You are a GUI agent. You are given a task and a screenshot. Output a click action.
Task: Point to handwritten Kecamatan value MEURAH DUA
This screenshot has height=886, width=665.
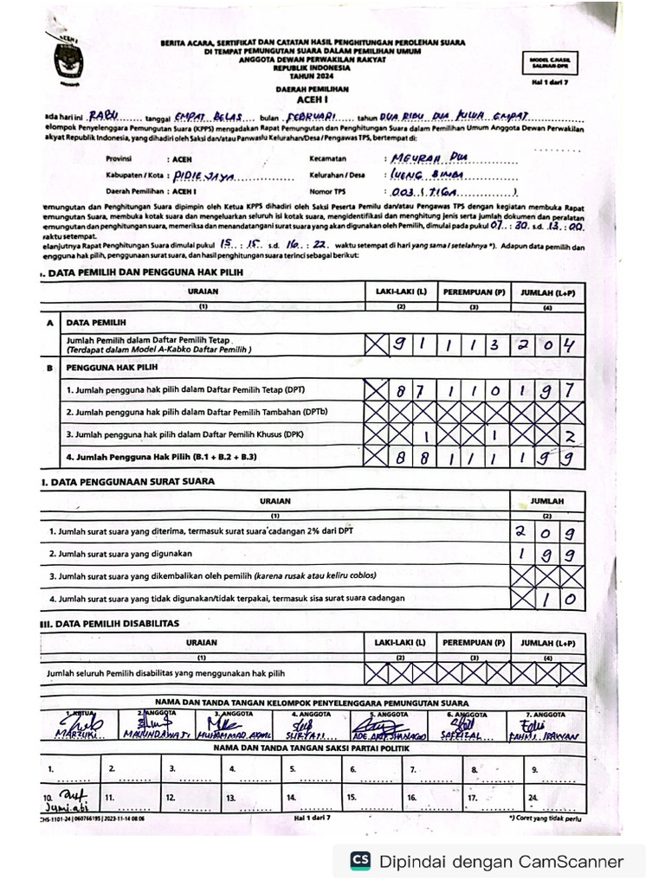(424, 158)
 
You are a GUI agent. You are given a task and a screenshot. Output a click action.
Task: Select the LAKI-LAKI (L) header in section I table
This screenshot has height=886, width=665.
(401, 292)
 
